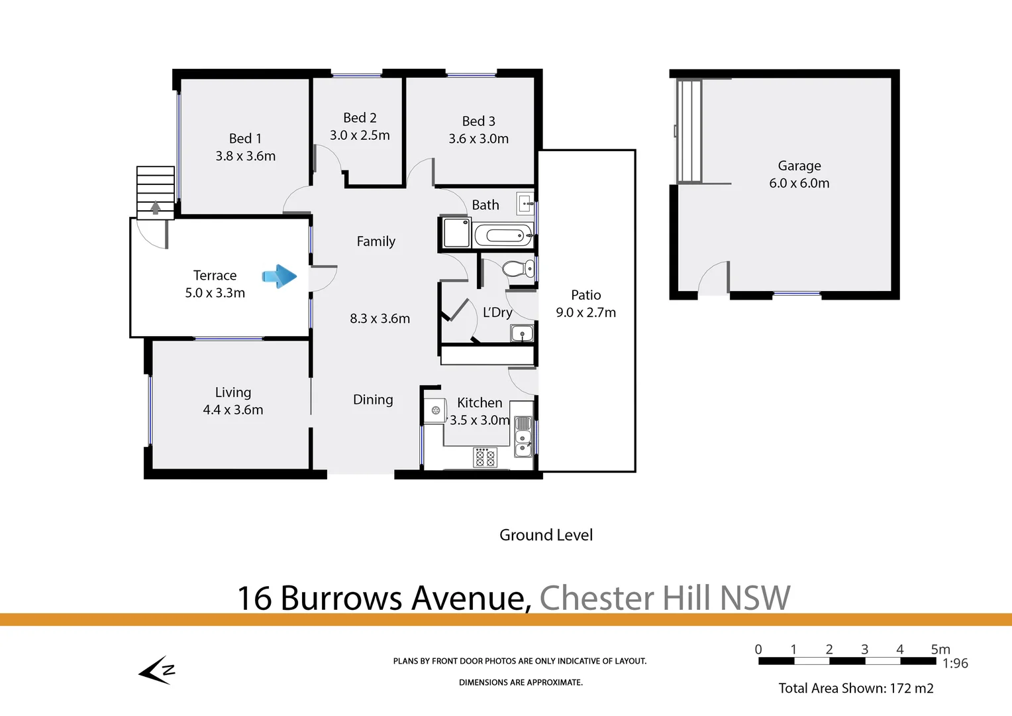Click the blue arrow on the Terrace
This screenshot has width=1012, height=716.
coord(279,276)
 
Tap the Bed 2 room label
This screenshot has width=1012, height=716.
coord(360,118)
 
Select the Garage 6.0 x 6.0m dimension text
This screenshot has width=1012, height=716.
coord(799,184)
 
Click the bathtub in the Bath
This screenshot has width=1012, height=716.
coord(503,235)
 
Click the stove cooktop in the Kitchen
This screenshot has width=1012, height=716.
coord(485,457)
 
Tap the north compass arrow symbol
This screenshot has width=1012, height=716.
coord(157,670)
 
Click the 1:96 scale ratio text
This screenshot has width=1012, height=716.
coord(955,664)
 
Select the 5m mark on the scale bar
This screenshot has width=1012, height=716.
coord(940,650)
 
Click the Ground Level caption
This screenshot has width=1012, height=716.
coord(546,535)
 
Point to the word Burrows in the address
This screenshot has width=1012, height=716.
coord(341,598)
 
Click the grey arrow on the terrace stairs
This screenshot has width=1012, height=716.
coord(156,208)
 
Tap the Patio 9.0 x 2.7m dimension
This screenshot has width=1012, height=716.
coord(585,313)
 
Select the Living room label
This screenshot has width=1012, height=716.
coord(233,392)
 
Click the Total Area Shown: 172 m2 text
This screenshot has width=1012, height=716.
coord(856,688)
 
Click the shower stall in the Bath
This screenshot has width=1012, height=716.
coord(456,233)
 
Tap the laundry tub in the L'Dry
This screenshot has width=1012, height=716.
coord(522,333)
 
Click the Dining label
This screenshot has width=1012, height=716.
coord(373,400)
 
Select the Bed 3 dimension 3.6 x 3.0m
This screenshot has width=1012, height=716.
coord(478,139)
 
